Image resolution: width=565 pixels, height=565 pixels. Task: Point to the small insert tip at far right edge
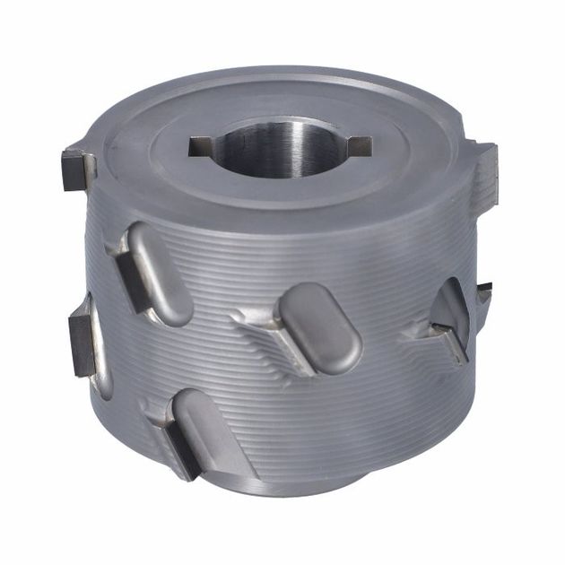(484, 289)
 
